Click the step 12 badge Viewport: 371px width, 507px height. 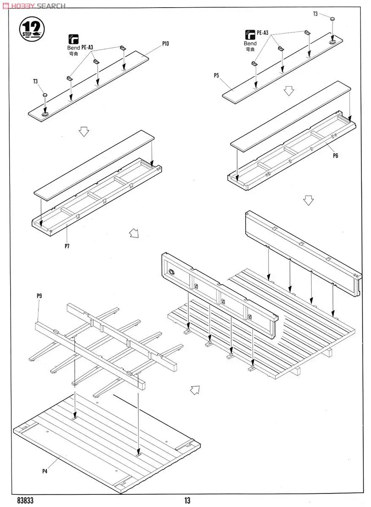point(32,28)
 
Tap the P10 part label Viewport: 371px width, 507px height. point(165,44)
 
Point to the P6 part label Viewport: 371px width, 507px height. point(335,155)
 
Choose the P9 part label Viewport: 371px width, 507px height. point(39,296)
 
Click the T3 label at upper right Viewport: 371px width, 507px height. point(315,14)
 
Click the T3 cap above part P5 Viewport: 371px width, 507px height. point(333,19)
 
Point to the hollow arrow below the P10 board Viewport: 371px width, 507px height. point(84,132)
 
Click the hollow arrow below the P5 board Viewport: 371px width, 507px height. point(289,90)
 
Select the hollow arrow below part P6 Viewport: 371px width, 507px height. point(309,200)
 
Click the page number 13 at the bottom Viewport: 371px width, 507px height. point(187,501)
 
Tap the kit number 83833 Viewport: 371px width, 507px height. point(25,501)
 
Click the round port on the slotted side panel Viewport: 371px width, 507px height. point(171,272)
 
